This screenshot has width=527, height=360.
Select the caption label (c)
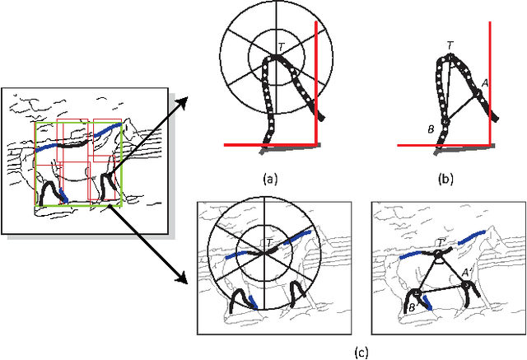(360, 353)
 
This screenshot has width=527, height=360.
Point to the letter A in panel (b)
(485, 82)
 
